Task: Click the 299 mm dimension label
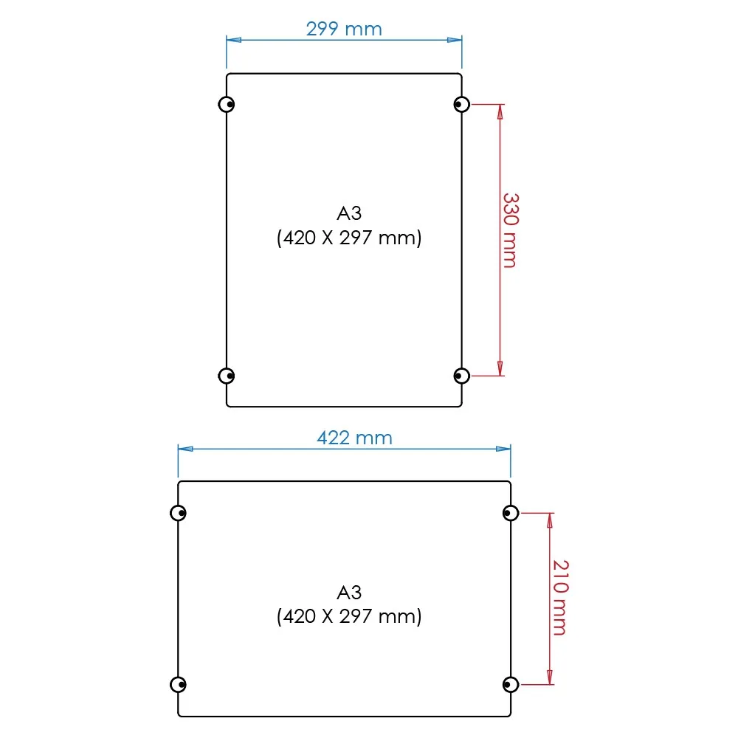click(x=344, y=30)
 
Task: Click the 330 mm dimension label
click(x=510, y=230)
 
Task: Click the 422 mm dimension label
click(x=354, y=438)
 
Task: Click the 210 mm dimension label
click(x=560, y=598)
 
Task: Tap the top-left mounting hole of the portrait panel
click(x=227, y=104)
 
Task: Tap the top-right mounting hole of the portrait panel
click(x=462, y=104)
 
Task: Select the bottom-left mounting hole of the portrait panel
click(x=227, y=376)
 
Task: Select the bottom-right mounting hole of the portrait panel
click(x=462, y=376)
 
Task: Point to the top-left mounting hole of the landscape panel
click(x=178, y=513)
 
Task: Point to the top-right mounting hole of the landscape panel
click(x=511, y=513)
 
